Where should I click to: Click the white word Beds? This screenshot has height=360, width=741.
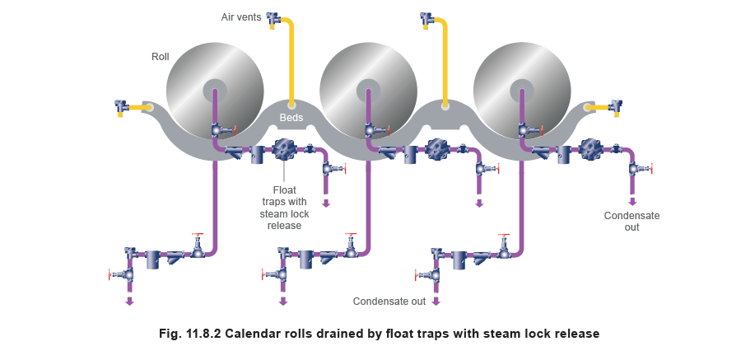[291, 118]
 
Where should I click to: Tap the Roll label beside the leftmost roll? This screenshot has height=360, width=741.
[159, 56]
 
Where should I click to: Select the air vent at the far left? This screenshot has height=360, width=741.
[123, 107]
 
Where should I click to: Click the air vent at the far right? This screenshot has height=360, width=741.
[614, 106]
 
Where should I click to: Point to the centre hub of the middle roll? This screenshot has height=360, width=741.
[368, 88]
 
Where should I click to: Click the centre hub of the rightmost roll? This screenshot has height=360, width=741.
[522, 88]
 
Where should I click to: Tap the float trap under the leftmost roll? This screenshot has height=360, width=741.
[284, 150]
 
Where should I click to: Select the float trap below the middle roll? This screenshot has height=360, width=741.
[436, 150]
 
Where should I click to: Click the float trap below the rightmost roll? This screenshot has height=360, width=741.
[590, 150]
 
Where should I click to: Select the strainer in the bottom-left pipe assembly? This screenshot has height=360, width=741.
[175, 257]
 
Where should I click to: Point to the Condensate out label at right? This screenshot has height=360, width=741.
[632, 221]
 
